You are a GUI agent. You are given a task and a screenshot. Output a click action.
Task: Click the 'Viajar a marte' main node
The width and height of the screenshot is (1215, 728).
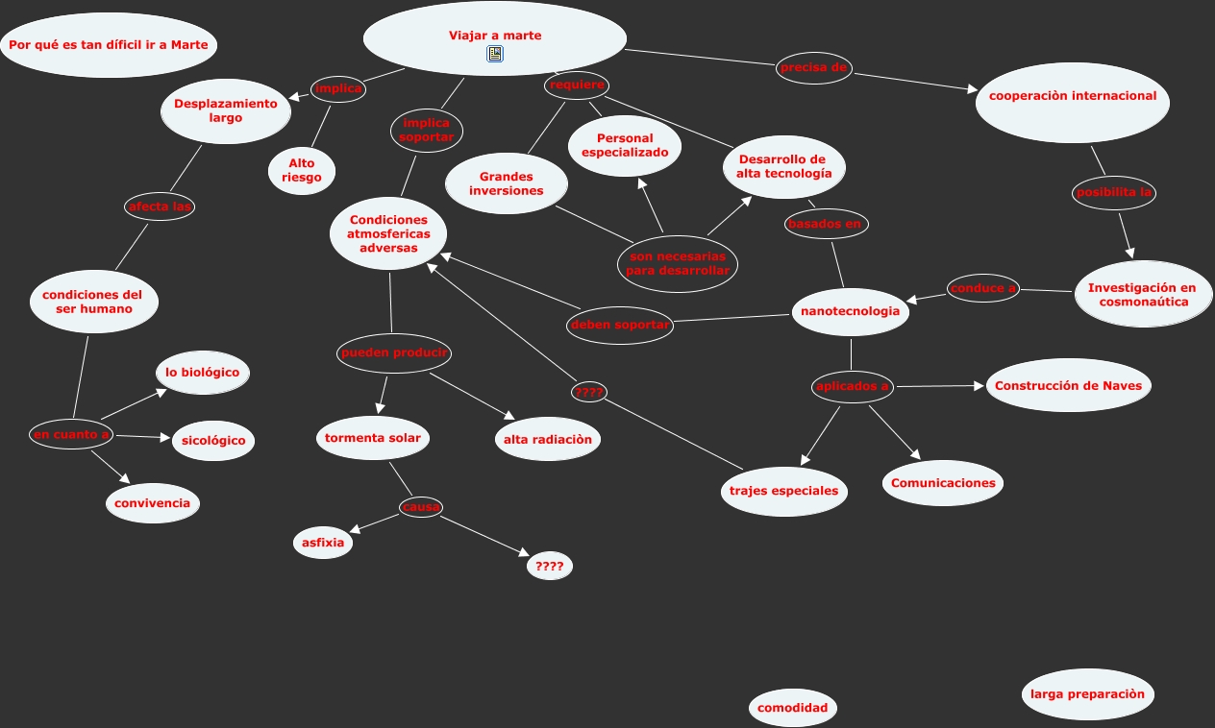point(495,35)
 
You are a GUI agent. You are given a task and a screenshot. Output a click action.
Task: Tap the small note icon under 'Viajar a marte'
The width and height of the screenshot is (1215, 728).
point(495,55)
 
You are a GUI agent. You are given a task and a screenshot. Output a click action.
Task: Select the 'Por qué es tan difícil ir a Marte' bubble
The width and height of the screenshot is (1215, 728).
point(109,45)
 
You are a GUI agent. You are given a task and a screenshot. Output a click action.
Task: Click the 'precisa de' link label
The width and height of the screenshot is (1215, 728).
point(814,67)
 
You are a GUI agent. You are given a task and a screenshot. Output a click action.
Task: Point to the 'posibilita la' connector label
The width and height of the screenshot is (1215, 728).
point(1114,192)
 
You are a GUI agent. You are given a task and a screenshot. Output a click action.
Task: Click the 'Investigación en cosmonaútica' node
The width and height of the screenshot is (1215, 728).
point(1142,294)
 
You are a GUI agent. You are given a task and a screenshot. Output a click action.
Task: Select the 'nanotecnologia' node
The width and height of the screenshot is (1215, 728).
point(851,311)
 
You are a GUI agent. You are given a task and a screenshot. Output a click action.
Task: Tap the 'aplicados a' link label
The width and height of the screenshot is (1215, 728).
point(853,386)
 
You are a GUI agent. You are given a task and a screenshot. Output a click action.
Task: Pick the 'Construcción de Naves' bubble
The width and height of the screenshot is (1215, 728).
point(1068,385)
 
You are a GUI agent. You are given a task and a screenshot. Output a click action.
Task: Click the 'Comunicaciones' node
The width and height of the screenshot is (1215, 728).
point(943,483)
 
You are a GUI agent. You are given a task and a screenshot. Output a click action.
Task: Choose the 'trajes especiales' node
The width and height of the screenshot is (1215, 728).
point(783,491)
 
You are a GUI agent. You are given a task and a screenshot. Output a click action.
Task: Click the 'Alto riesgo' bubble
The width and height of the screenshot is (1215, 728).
point(302,170)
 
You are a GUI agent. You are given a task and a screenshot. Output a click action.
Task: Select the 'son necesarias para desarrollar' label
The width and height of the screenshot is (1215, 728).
point(678,263)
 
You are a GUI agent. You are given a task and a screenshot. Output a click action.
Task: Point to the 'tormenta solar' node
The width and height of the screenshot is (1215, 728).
point(373,438)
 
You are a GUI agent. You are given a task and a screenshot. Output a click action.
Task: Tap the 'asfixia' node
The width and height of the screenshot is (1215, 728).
point(323,543)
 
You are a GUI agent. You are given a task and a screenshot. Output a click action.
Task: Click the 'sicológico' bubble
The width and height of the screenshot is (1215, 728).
point(213,441)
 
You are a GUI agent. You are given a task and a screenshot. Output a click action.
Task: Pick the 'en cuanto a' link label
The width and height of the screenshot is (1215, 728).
point(71,434)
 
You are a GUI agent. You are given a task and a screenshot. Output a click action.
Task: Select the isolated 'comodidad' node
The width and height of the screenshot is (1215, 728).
point(792,708)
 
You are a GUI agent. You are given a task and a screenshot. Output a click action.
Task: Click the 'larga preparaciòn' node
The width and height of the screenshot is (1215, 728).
point(1087,693)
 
